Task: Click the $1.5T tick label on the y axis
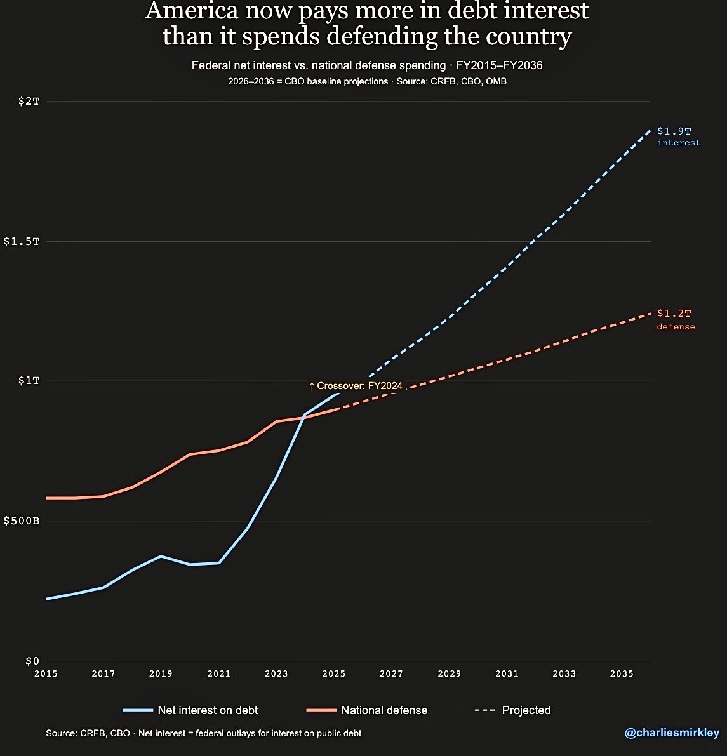coord(22,242)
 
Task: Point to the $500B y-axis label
coord(22,521)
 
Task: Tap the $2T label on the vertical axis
coord(29,102)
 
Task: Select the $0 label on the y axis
coord(32,661)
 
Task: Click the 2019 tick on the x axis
coord(161,673)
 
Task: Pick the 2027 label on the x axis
coord(391,673)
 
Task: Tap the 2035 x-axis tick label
coord(622,673)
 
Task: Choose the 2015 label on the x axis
coord(46,673)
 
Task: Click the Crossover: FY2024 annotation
coord(356,386)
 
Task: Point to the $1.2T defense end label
coord(676,319)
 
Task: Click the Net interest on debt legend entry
coord(190,710)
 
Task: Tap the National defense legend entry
coord(367,710)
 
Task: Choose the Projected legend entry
coord(513,710)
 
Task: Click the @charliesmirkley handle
coord(672,733)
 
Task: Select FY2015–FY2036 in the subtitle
coord(500,65)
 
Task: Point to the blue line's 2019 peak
coord(161,556)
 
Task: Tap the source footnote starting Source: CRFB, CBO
coord(203,733)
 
